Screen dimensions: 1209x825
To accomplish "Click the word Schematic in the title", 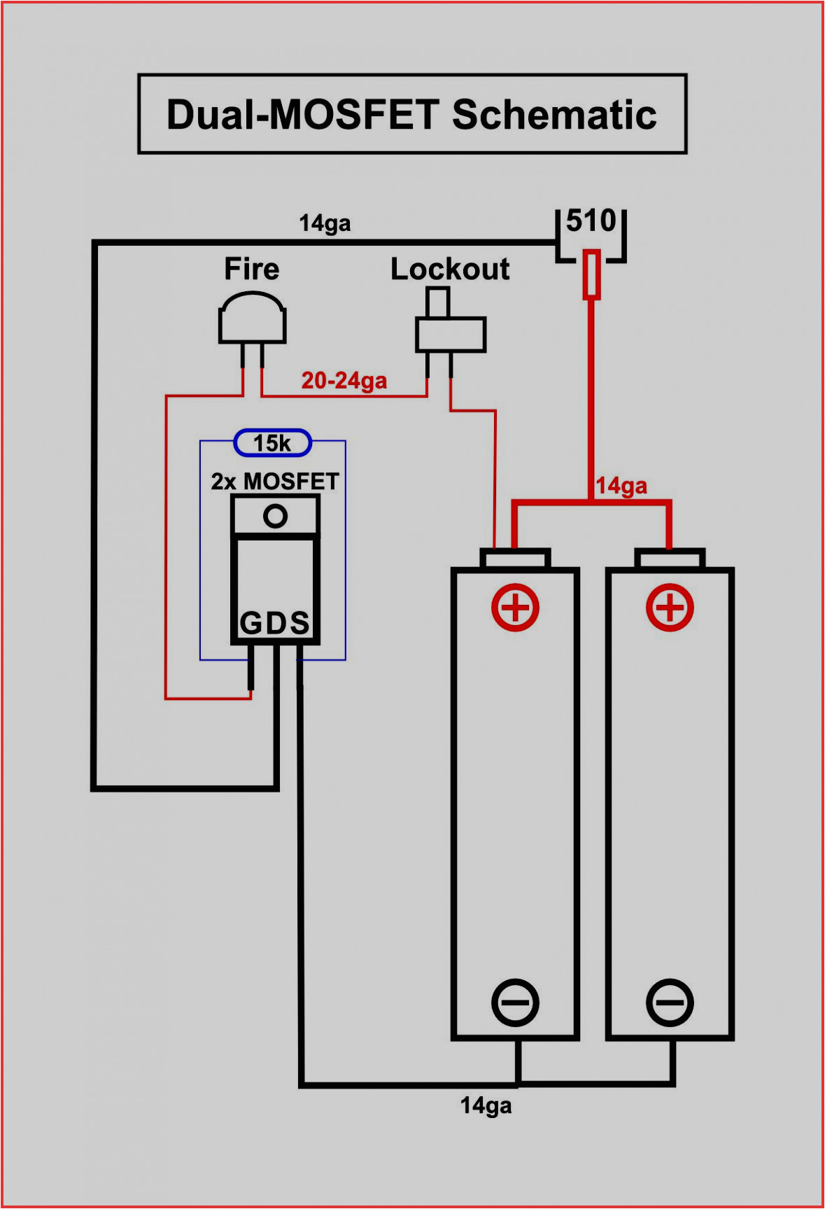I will (x=554, y=116).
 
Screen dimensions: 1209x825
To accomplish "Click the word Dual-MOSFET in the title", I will (x=303, y=116).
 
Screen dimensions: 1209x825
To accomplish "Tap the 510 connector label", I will (x=591, y=221).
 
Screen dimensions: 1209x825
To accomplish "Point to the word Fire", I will (x=252, y=270).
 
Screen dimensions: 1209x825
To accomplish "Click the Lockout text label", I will (x=450, y=270).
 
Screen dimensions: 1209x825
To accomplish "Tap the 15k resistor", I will (x=272, y=443).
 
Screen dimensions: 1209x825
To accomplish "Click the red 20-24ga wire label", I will (x=344, y=381).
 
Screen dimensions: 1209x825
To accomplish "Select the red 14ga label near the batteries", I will (x=621, y=486).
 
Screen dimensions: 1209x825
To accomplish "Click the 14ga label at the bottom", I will (x=486, y=1106).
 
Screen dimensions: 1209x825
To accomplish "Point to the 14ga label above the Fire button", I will (x=325, y=224).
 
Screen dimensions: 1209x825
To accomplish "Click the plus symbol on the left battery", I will (x=515, y=607).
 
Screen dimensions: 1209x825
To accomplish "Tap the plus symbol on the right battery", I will (x=670, y=607).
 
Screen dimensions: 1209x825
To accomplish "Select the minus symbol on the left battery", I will (x=515, y=1002).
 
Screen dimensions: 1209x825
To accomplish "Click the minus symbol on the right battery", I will (x=670, y=1002).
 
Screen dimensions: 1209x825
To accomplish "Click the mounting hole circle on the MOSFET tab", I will (x=275, y=517).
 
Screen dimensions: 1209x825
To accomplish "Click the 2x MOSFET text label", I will (x=275, y=482).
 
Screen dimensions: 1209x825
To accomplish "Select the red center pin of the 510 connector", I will (x=591, y=274).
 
